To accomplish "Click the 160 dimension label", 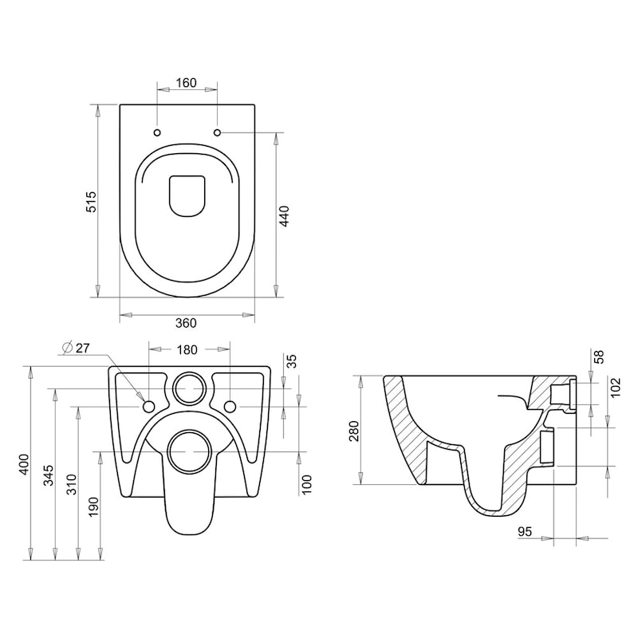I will point(186,83).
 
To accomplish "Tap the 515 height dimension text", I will point(91,201).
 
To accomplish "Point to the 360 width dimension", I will point(186,323).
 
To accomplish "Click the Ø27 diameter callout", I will point(77,347).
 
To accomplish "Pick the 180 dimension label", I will point(188,349).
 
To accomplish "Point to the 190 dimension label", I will point(95,506).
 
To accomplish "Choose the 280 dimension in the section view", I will point(354,430).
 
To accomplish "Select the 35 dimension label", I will point(291,360).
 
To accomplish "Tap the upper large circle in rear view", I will point(189,388).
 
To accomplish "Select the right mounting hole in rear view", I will point(230,407).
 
